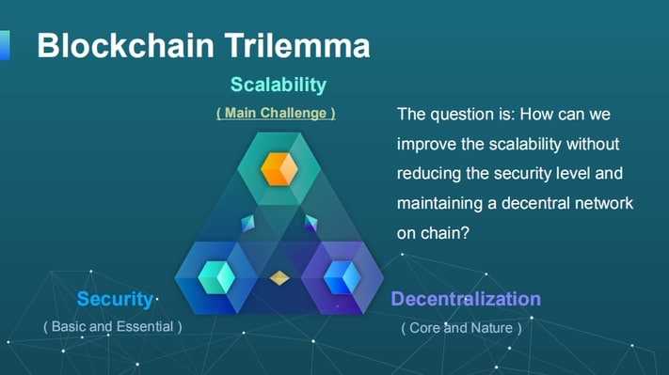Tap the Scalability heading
tap(278, 85)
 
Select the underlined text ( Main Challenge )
tap(276, 113)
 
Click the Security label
tap(115, 299)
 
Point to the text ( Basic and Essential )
tap(113, 326)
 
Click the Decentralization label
tap(466, 299)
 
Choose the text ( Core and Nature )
tap(461, 328)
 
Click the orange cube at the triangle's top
tap(279, 168)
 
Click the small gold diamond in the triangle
tap(279, 278)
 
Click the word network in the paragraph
tap(599, 203)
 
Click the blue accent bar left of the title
tap(5, 44)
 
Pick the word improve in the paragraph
tap(427, 145)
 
